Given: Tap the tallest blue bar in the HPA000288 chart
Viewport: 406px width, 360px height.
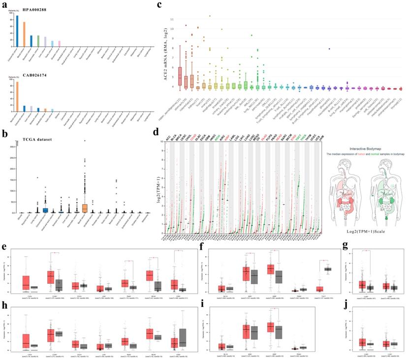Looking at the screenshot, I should (17, 30).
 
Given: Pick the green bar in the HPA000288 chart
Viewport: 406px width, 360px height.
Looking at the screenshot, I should (38, 40).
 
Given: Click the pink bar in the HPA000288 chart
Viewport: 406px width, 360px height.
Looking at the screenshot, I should (60, 44).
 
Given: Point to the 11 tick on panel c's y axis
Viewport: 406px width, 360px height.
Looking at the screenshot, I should (172, 19).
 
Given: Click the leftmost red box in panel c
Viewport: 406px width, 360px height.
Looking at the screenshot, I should (180, 76).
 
